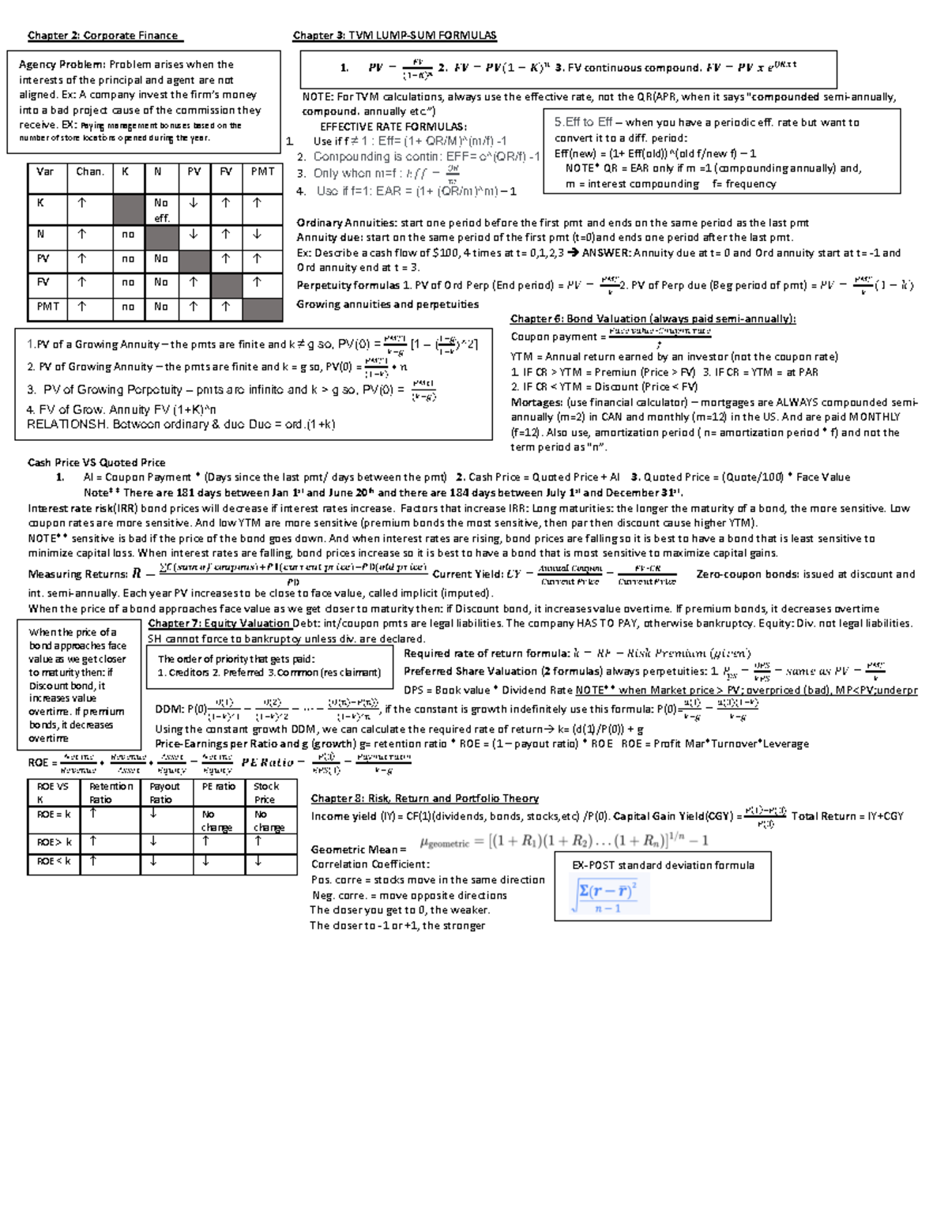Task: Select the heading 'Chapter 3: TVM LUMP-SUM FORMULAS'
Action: coord(394,36)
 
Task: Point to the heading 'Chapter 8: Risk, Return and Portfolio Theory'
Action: coord(424,799)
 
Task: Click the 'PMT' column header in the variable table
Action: coord(262,171)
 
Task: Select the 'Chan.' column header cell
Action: coord(90,171)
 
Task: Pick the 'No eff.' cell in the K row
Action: coord(161,210)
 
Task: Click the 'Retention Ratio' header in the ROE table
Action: coord(111,792)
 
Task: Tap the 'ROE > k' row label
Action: coord(54,842)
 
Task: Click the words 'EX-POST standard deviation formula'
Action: coord(663,865)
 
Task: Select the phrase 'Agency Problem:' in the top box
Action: coord(62,65)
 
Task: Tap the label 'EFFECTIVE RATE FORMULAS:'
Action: coord(393,126)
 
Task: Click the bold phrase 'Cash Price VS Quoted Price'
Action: coord(96,463)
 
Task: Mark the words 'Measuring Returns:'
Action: coord(77,574)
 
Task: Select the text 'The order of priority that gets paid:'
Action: coord(236,659)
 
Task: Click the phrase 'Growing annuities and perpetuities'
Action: coord(387,305)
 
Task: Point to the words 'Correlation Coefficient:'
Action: coord(370,864)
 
